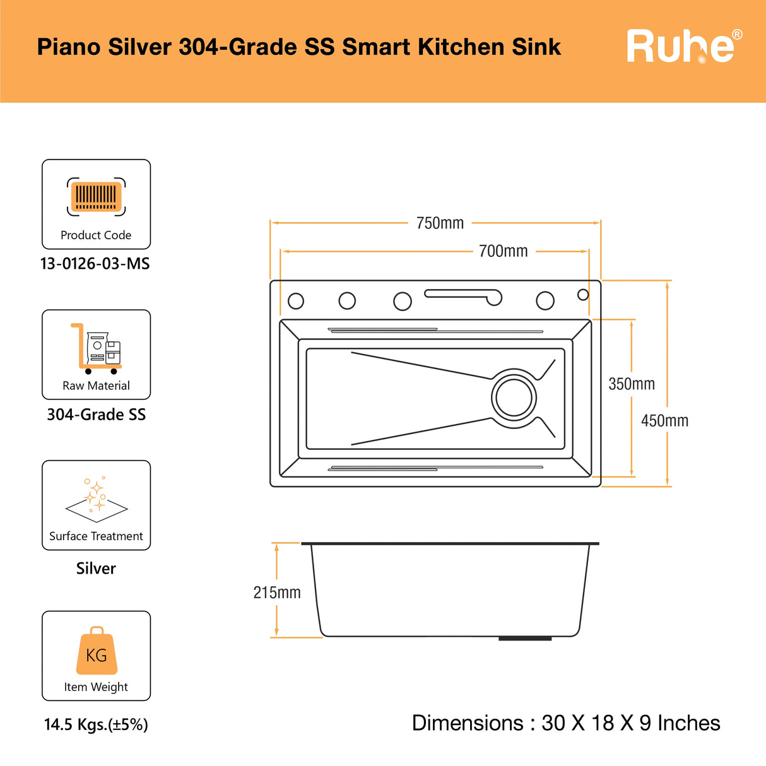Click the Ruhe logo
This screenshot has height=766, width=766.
click(684, 46)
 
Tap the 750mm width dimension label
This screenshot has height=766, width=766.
click(440, 223)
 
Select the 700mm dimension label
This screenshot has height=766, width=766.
click(504, 251)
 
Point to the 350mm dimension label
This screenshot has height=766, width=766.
click(632, 384)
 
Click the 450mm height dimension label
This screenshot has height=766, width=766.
click(664, 421)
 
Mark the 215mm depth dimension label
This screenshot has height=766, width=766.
click(277, 592)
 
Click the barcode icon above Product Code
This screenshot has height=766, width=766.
click(96, 197)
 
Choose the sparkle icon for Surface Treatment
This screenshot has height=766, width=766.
click(96, 499)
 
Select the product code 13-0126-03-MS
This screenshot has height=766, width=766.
click(95, 264)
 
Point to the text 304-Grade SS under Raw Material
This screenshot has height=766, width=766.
click(96, 415)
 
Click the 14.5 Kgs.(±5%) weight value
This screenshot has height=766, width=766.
click(96, 724)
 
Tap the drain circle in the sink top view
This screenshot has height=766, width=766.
click(514, 398)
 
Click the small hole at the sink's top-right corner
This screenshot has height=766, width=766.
click(583, 295)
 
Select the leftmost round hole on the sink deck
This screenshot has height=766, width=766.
click(296, 301)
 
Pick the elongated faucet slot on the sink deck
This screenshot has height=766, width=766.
click(463, 297)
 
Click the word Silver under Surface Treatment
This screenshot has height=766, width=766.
click(96, 569)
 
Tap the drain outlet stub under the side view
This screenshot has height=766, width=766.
click(525, 639)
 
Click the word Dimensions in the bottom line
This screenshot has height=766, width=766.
click(468, 722)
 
